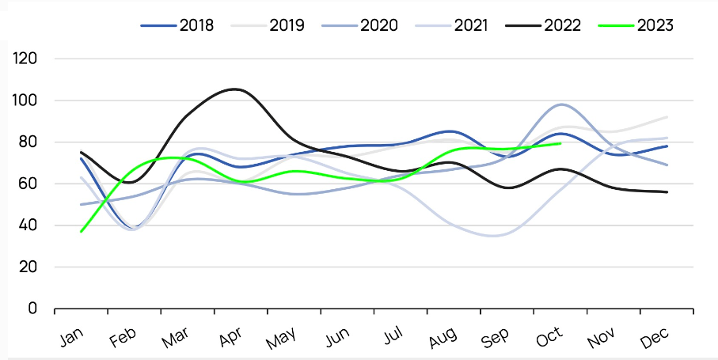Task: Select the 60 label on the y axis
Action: (x=28, y=184)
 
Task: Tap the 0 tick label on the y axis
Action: (x=32, y=308)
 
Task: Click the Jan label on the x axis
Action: (x=72, y=335)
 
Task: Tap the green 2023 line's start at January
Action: (x=81, y=231)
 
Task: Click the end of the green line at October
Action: (x=560, y=143)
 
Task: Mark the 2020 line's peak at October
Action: (x=560, y=104)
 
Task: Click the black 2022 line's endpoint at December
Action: (x=667, y=191)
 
